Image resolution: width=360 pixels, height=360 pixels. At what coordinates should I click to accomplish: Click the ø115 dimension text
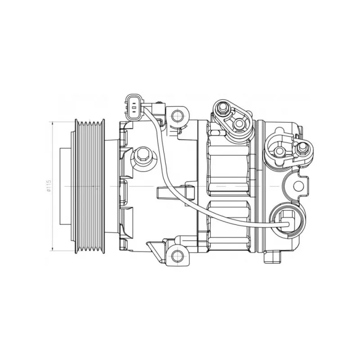click(49, 185)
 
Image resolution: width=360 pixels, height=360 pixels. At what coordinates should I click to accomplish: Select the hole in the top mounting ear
click(177, 116)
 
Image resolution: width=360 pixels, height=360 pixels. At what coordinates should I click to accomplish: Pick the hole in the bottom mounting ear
click(177, 255)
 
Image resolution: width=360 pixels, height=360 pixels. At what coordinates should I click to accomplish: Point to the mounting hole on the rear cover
click(298, 186)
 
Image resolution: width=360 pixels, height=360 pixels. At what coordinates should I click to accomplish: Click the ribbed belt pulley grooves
click(90, 186)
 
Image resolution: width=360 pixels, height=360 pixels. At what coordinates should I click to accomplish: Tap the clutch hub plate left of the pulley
click(65, 186)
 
